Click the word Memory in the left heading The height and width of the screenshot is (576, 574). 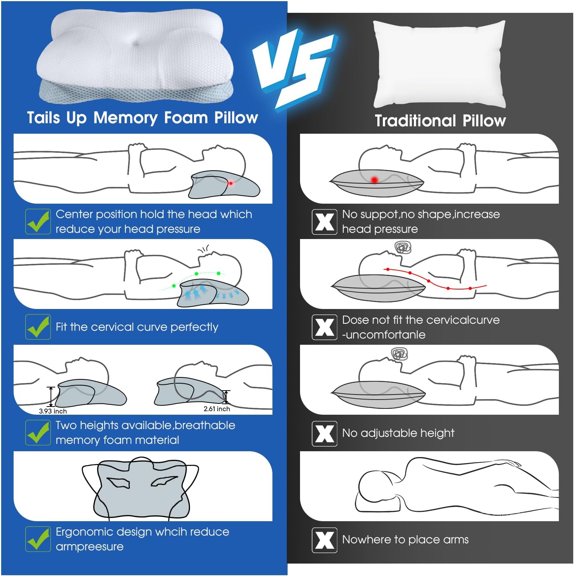pyautogui.click(x=126, y=118)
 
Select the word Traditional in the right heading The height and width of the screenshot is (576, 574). pyautogui.click(x=415, y=120)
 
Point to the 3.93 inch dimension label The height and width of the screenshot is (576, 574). pyautogui.click(x=53, y=411)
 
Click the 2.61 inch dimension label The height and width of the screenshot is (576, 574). pyautogui.click(x=217, y=409)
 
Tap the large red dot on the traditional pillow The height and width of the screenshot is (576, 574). pyautogui.click(x=374, y=180)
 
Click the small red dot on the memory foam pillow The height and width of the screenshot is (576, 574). pyautogui.click(x=230, y=183)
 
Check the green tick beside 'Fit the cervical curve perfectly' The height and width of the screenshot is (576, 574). pyautogui.click(x=38, y=327)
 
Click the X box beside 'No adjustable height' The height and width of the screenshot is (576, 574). pyautogui.click(x=325, y=433)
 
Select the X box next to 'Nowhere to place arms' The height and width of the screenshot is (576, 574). pyautogui.click(x=325, y=540)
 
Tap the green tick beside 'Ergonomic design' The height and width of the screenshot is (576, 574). pyautogui.click(x=38, y=539)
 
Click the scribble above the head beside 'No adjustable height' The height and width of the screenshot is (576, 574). pyautogui.click(x=400, y=354)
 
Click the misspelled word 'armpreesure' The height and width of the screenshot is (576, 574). pyautogui.click(x=89, y=547)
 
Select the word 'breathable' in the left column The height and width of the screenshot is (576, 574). pyautogui.click(x=205, y=425)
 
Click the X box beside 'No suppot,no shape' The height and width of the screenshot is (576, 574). pyautogui.click(x=325, y=222)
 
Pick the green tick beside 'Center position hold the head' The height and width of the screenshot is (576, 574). pyautogui.click(x=38, y=222)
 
